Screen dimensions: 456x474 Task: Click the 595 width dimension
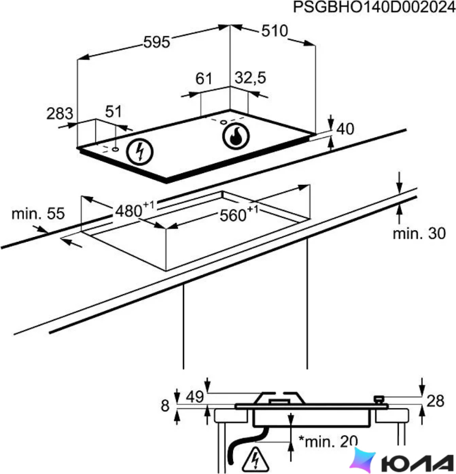(x=156, y=42)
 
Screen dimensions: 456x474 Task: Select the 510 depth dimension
(x=275, y=31)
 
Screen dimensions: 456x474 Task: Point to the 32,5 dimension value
(x=250, y=78)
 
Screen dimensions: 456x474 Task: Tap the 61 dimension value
(x=204, y=78)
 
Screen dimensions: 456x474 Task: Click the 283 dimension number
(x=59, y=114)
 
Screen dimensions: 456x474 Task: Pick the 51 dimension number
(x=113, y=112)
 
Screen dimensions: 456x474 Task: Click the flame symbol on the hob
(x=236, y=136)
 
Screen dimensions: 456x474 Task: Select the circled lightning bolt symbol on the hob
(x=140, y=152)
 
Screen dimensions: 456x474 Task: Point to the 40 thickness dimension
(x=345, y=129)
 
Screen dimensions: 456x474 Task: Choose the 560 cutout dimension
(x=239, y=214)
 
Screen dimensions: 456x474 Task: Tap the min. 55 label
(x=38, y=214)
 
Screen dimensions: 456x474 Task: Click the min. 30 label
(x=419, y=234)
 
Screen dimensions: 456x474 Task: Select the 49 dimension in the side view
(x=195, y=397)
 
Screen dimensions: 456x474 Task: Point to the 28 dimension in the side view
(x=435, y=401)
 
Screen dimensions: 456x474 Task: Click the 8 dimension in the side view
(x=165, y=405)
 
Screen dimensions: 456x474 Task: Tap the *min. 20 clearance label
(x=328, y=441)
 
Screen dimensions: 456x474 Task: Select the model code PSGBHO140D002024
(x=375, y=7)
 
